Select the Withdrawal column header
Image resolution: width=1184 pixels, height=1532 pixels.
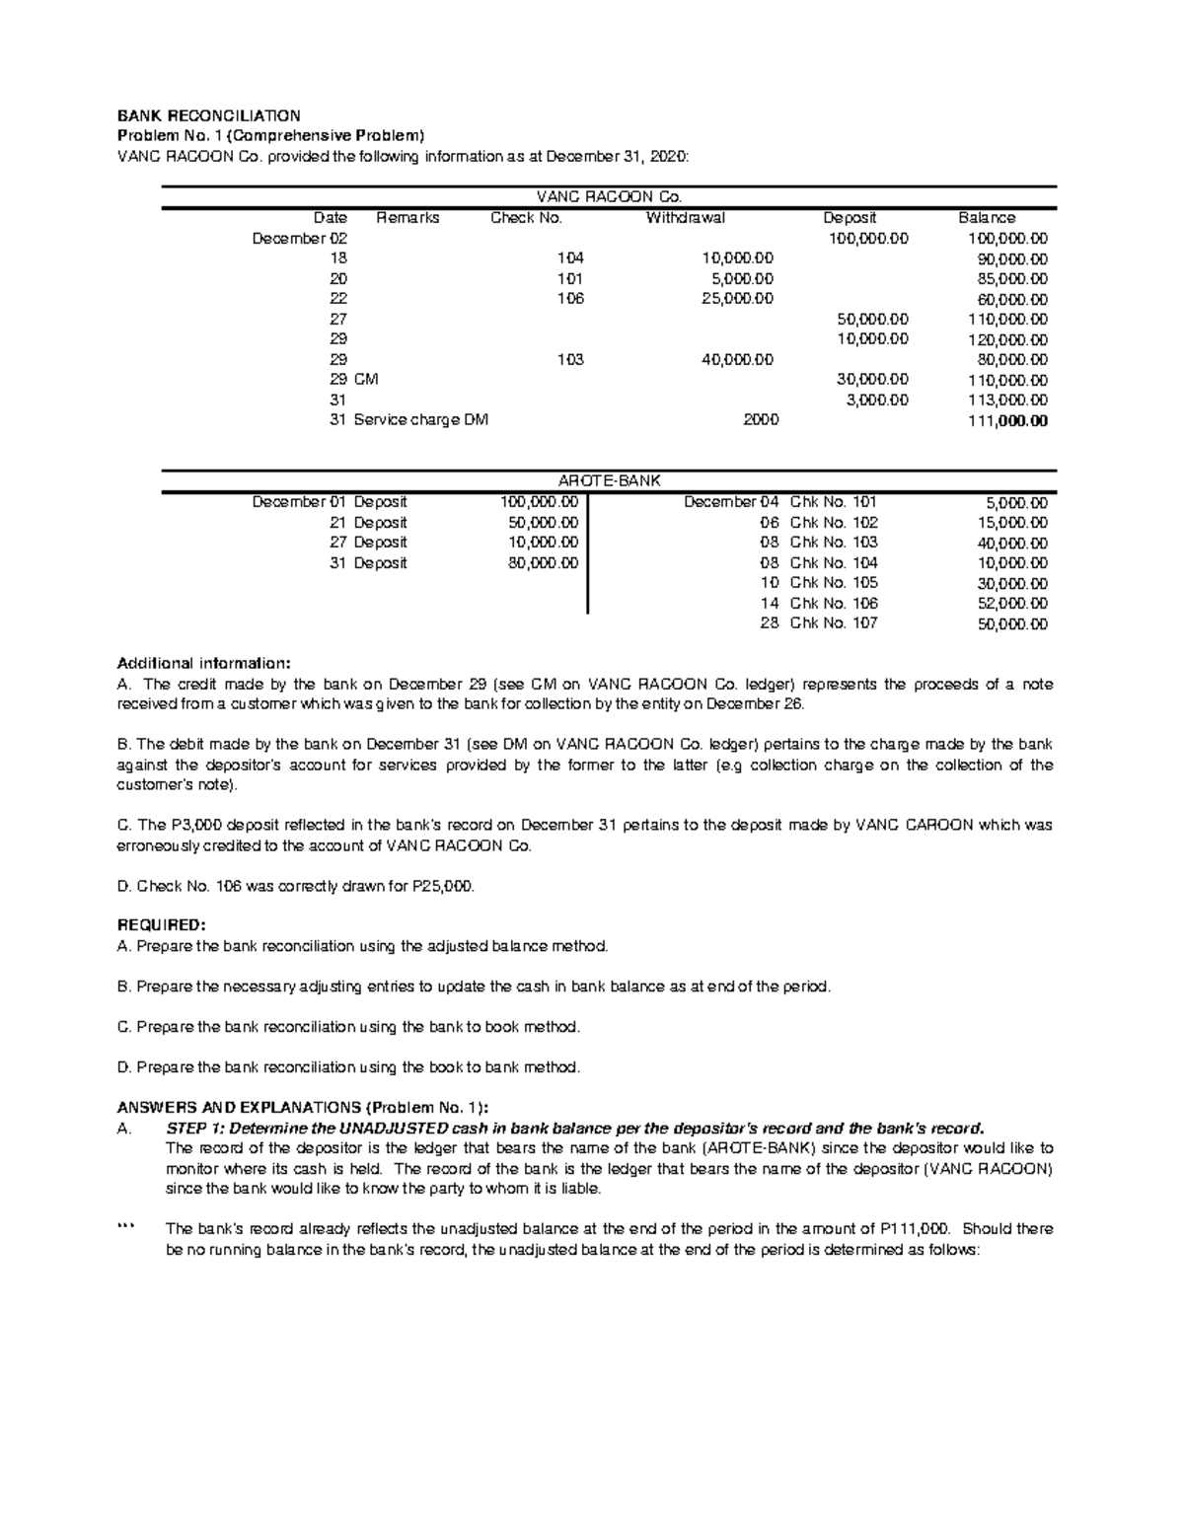[685, 218]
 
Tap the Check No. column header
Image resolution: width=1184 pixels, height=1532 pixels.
[526, 218]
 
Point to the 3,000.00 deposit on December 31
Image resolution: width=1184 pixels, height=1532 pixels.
[876, 401]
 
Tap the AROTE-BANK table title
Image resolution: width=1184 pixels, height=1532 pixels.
[610, 480]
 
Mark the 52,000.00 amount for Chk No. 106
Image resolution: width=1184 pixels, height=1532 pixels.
[1012, 604]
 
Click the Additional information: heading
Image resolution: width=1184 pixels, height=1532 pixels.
[204, 662]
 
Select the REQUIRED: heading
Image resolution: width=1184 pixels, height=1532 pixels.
[162, 925]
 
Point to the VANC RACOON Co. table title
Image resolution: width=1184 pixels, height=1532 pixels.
[610, 196]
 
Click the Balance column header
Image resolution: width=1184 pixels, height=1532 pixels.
[987, 218]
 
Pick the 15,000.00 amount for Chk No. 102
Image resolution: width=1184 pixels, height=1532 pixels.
[1012, 523]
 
